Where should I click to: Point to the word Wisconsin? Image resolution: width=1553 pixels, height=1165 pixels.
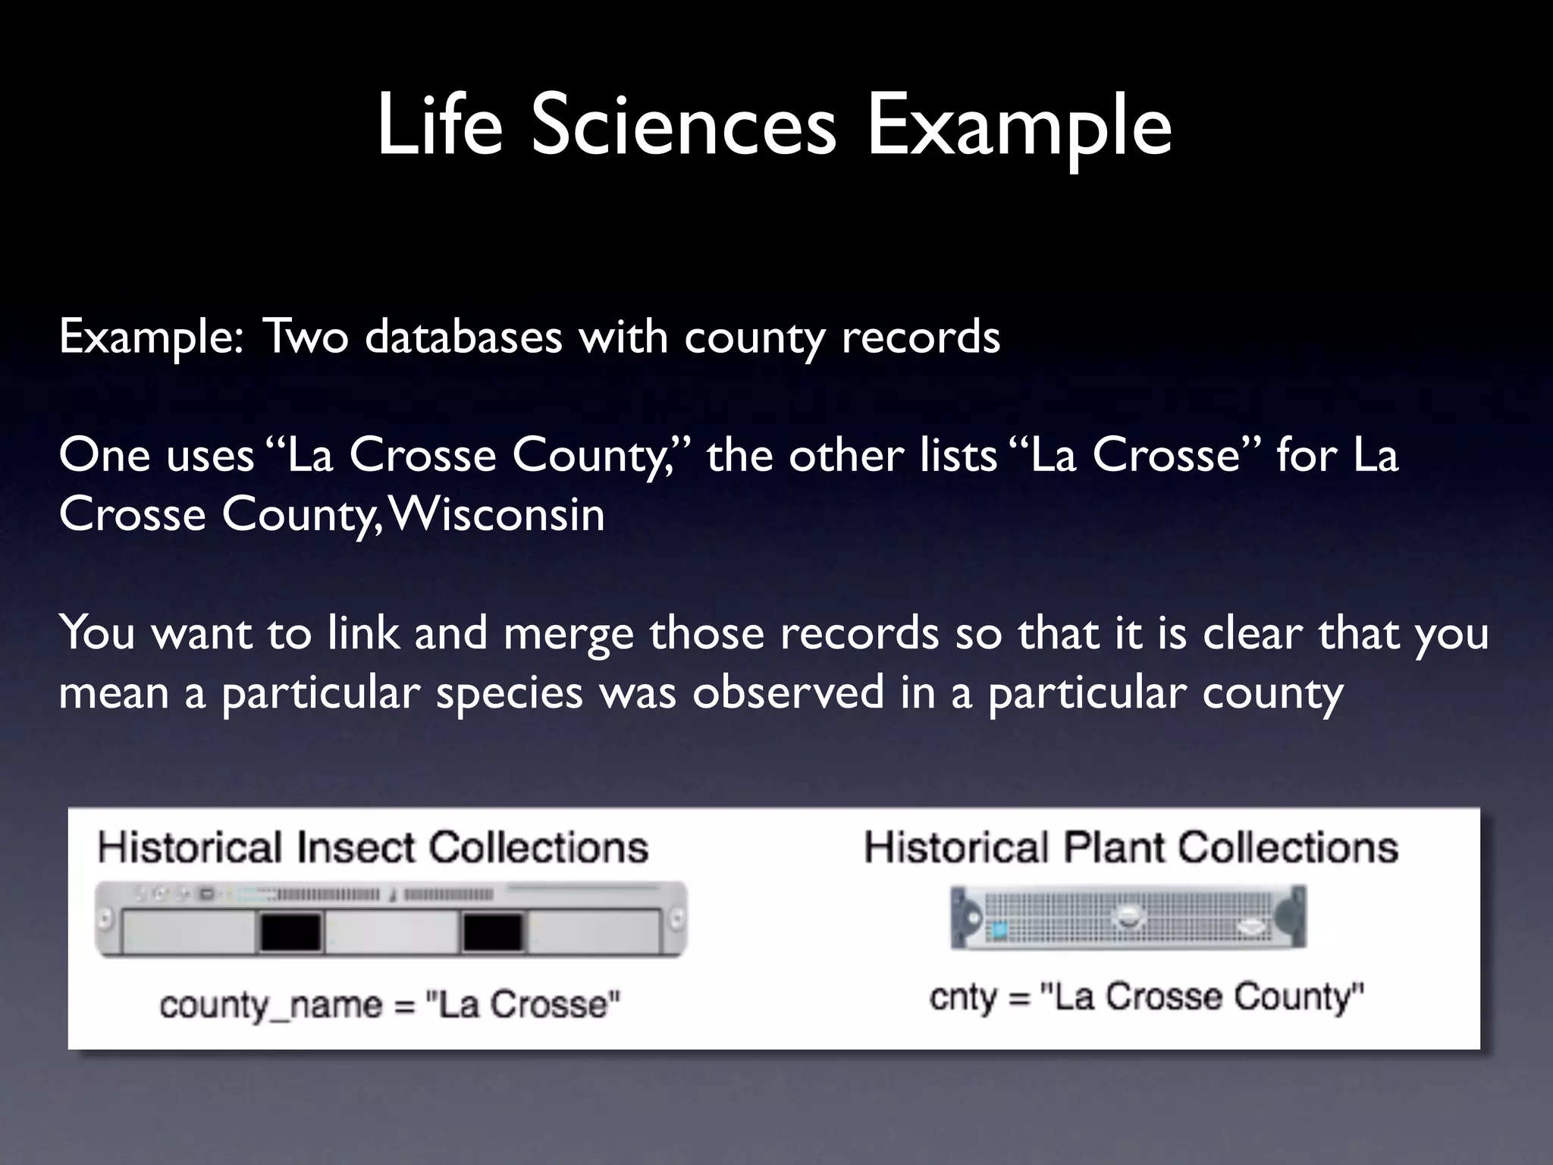point(497,515)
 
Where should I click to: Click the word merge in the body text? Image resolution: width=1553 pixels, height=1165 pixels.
point(568,634)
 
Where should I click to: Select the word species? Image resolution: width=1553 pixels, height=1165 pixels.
point(509,693)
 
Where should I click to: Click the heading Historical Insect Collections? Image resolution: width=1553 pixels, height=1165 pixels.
point(372,847)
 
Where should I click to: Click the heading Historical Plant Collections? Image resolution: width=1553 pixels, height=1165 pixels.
point(1131,847)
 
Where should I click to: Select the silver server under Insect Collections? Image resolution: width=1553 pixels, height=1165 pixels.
point(391,919)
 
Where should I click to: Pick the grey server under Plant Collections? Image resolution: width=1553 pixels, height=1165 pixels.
point(1128,918)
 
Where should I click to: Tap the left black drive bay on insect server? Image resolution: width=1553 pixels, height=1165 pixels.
point(291,932)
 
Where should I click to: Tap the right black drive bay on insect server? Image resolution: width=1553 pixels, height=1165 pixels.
point(493,932)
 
